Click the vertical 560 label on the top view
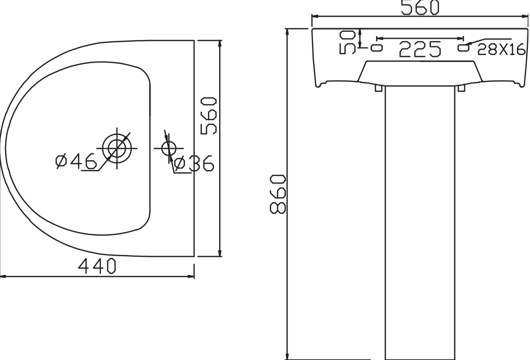click(208, 116)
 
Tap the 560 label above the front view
click(420, 7)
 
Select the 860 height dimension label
click(278, 194)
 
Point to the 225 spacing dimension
click(420, 49)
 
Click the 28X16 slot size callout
click(501, 50)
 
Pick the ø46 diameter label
click(76, 161)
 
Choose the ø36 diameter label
click(194, 163)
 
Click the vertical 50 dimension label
click(347, 42)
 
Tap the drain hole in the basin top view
click(117, 148)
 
